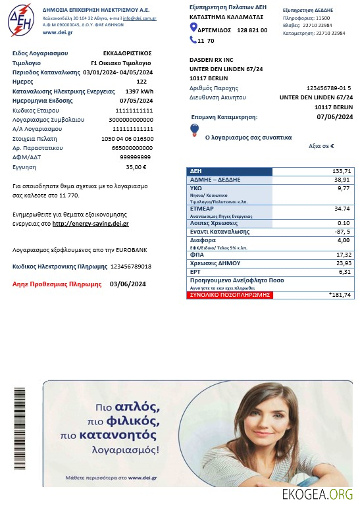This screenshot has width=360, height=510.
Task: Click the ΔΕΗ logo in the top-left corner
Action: (x=22, y=20)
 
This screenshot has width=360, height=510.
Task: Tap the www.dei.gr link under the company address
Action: (x=57, y=32)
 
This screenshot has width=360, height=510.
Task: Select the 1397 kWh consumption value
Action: (x=139, y=91)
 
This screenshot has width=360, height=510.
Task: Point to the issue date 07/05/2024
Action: (x=136, y=101)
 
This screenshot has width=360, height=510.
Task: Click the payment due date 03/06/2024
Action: (x=122, y=284)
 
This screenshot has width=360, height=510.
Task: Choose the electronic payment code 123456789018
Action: (x=131, y=267)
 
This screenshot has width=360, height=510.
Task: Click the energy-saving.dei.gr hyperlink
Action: (x=90, y=224)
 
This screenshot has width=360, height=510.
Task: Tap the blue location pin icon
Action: (x=193, y=27)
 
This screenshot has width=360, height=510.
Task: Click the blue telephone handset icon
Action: (x=193, y=40)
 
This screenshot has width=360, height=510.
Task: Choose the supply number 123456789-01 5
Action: (x=328, y=88)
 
